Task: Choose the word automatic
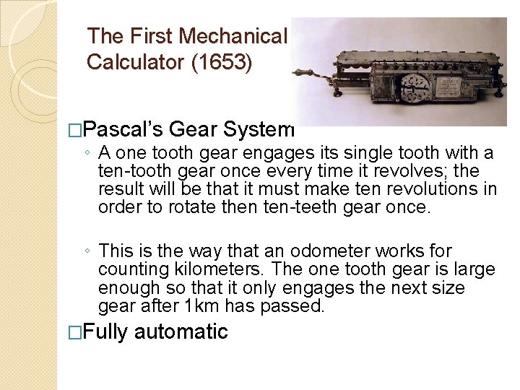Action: point(181,332)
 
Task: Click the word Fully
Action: point(106,332)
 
